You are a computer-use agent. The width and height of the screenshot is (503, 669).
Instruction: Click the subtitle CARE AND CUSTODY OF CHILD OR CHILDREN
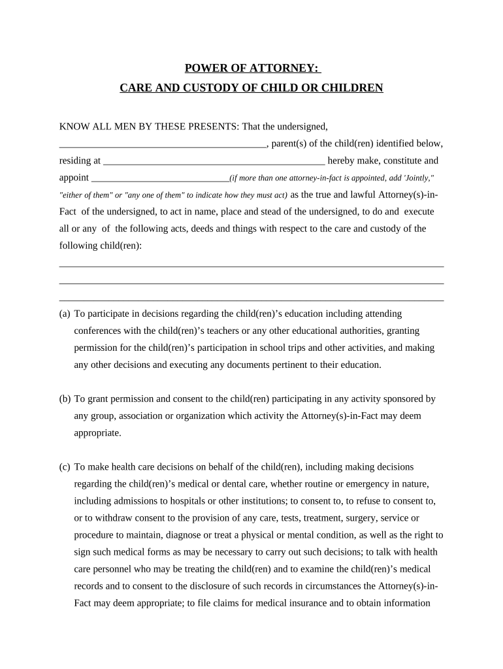[252, 88]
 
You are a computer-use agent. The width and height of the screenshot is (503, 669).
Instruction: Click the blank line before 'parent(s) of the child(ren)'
[163, 144]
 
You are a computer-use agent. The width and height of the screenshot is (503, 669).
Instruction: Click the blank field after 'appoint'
[160, 178]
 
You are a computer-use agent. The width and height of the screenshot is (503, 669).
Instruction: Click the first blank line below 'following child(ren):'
[252, 265]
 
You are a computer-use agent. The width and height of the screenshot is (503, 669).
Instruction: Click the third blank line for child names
[252, 300]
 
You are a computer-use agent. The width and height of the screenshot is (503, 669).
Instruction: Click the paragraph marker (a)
[65, 314]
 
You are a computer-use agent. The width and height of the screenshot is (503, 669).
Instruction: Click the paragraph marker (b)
[65, 399]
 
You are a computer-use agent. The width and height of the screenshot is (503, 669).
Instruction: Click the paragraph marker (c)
[65, 467]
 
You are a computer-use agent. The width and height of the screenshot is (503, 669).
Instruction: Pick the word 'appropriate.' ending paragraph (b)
[97, 432]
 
